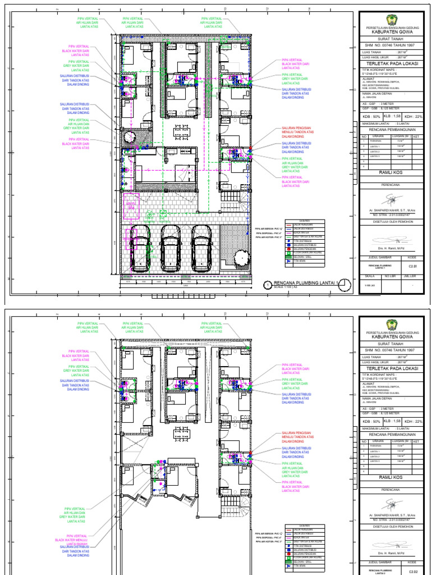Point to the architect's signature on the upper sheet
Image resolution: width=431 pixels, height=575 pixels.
click(391, 200)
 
